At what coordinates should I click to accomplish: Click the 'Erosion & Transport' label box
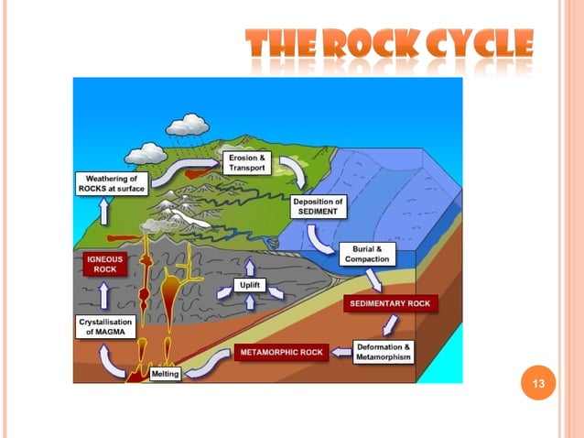[247, 164]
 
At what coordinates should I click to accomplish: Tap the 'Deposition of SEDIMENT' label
[318, 206]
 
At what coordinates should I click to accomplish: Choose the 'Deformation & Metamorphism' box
[384, 352]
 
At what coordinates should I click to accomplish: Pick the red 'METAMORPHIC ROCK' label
[281, 352]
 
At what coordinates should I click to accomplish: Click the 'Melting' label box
[166, 373]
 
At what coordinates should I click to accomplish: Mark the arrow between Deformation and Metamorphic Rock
[340, 350]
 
